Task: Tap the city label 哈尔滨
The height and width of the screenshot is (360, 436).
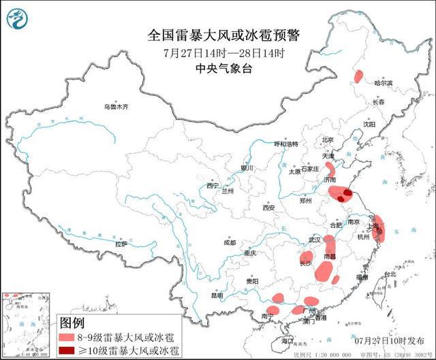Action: tap(384, 82)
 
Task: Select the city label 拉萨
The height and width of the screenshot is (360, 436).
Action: tap(121, 244)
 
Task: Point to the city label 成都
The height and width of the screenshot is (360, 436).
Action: tap(228, 242)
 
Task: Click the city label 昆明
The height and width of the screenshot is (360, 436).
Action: tap(217, 295)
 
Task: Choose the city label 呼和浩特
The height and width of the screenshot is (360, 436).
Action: tap(286, 144)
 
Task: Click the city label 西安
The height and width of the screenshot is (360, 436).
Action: tap(266, 208)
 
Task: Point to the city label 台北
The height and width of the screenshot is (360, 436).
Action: tap(389, 274)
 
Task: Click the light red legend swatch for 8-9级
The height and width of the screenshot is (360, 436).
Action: tap(66, 337)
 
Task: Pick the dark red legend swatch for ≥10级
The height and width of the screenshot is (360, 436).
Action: tap(66, 350)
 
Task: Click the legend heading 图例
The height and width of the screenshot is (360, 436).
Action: tap(72, 323)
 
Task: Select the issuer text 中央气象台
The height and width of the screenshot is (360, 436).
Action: tap(224, 68)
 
